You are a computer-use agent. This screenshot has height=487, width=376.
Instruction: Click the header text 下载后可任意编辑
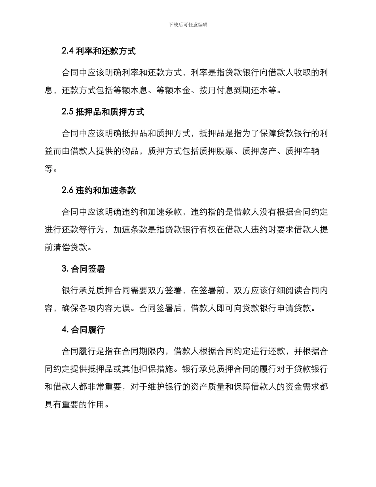[188, 25]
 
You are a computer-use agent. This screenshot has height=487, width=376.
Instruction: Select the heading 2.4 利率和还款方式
[99, 51]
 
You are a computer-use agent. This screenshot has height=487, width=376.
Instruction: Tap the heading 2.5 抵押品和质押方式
[103, 112]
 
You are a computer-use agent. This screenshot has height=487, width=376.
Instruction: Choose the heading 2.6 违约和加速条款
[99, 190]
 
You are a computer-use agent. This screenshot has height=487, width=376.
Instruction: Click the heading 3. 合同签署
[83, 269]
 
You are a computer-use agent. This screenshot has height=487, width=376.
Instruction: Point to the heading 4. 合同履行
[83, 329]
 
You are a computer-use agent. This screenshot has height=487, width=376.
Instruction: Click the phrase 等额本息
[131, 90]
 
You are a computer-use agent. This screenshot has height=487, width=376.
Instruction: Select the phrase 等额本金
[174, 90]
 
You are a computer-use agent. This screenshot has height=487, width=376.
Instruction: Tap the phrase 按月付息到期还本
[234, 90]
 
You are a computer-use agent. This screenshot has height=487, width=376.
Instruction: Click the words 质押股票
[216, 151]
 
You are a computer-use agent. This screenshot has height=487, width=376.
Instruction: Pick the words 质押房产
[260, 151]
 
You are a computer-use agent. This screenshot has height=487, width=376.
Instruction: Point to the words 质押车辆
[302, 151]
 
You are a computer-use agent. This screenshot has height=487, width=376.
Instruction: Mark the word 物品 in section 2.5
[131, 151]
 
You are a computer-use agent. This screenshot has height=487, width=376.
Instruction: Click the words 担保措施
[157, 369]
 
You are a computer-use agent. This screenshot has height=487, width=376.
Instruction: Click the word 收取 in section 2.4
[302, 73]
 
